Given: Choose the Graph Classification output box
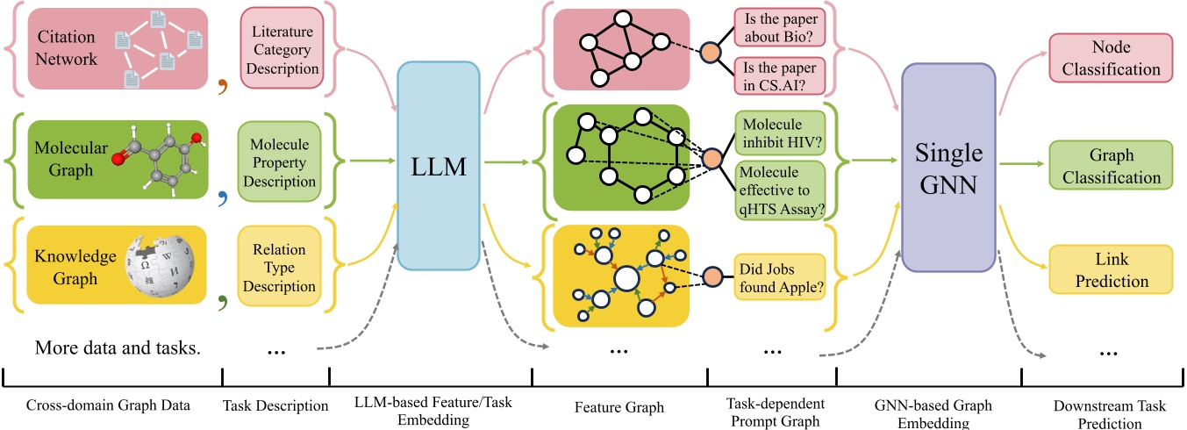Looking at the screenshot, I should point(1109,167).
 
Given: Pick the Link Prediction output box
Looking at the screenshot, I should point(1109,269).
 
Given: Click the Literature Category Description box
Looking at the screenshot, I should point(281,51).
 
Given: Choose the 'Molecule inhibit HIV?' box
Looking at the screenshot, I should point(780,132).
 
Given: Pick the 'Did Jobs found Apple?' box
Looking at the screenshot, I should point(780,274).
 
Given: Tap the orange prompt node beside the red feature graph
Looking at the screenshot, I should point(710,51).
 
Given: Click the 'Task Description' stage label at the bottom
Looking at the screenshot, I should point(275,405).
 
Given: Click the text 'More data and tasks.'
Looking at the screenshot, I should point(118,348).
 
